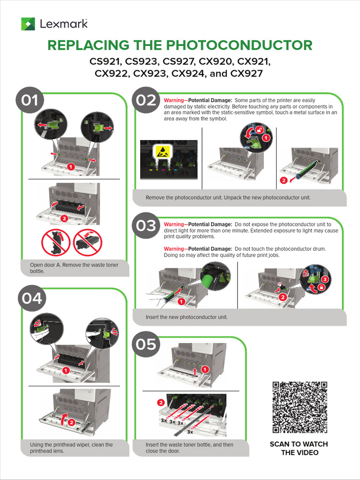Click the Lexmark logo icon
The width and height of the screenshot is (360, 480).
(28, 24)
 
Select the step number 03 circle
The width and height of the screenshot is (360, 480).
(146, 226)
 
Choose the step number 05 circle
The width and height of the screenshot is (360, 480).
(146, 345)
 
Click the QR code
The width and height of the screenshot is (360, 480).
(300, 407)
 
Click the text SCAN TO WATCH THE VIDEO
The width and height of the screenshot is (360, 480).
(299, 448)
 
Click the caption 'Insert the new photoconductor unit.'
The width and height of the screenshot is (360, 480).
(187, 317)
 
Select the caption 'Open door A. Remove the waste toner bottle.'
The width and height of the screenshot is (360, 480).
(74, 268)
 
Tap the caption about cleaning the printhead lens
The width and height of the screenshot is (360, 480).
(71, 448)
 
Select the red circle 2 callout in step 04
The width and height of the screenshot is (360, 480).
(71, 422)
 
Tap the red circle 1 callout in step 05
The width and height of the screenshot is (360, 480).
(205, 370)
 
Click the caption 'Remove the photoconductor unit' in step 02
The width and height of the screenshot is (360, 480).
(228, 198)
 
